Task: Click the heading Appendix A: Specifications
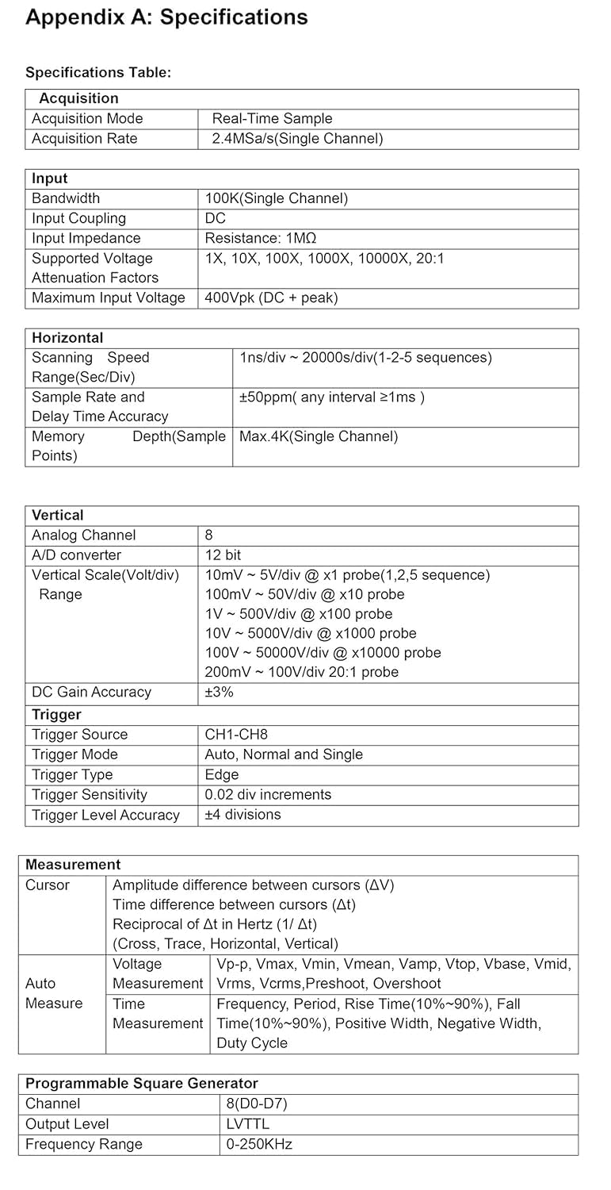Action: pyautogui.click(x=166, y=17)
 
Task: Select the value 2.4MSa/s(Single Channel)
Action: pyautogui.click(x=297, y=139)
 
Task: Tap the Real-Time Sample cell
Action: pyautogui.click(x=272, y=119)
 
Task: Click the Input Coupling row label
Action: pyautogui.click(x=78, y=218)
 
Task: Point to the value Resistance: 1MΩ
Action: pyautogui.click(x=261, y=238)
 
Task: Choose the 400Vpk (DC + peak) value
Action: pyautogui.click(x=271, y=297)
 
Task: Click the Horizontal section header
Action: pyautogui.click(x=67, y=337)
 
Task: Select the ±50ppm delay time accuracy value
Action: pyautogui.click(x=331, y=397)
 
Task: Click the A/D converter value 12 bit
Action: pyautogui.click(x=223, y=555)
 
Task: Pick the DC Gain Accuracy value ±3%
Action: pyautogui.click(x=219, y=692)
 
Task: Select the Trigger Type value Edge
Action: pyautogui.click(x=221, y=774)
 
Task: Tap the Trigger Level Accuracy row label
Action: pyautogui.click(x=105, y=815)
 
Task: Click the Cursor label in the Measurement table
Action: pyautogui.click(x=48, y=885)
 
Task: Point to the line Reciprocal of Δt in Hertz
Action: pyautogui.click(x=215, y=924)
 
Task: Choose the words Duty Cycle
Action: pyautogui.click(x=252, y=1043)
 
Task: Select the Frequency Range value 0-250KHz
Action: pyautogui.click(x=259, y=1144)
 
